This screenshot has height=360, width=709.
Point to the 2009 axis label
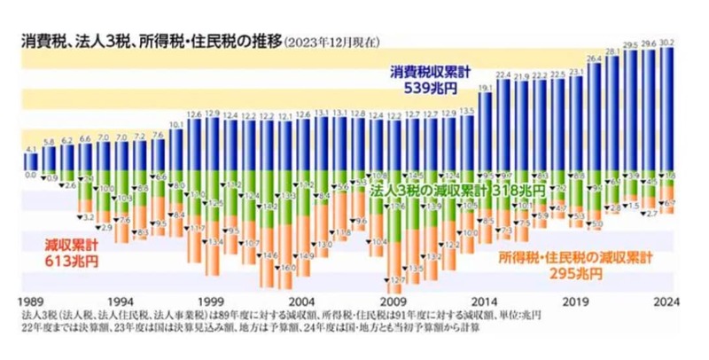pyautogui.click(x=394, y=301)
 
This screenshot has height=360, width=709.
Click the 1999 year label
pyautogui.click(x=212, y=301)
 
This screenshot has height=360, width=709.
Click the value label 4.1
pyautogui.click(x=32, y=149)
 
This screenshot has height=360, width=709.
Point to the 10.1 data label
pyautogui.click(x=176, y=124)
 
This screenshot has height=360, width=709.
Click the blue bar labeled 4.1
pyautogui.click(x=32, y=162)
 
